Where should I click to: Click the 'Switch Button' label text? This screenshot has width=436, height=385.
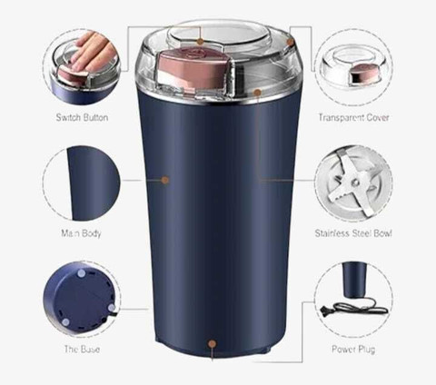pos(82,117)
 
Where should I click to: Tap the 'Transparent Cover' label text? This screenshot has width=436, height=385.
pos(353,117)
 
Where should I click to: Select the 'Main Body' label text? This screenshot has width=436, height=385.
pos(81,233)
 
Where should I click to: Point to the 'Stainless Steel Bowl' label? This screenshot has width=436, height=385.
pos(353,233)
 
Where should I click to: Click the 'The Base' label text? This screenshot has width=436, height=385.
pos(82,350)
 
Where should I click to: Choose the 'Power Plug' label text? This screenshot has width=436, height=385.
pos(353,350)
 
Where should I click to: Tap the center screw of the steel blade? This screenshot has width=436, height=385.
pos(355,183)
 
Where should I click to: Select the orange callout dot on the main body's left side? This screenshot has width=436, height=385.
pos(165,181)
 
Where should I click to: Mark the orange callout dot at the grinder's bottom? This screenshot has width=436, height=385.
pos(213,344)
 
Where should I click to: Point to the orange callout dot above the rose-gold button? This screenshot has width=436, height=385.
pos(200,42)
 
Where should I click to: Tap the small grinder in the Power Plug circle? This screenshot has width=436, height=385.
pos(354,280)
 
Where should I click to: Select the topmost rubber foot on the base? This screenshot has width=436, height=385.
pos(81,274)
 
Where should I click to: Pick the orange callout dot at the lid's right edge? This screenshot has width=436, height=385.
pos(290,42)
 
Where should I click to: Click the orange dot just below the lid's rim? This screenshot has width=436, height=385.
pos(257,93)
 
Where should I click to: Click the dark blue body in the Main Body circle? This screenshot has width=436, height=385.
pos(94,183)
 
